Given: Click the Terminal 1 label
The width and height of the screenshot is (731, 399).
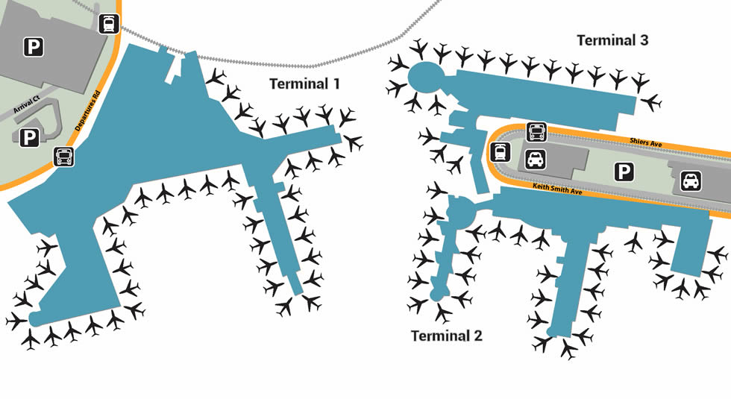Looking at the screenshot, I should click(304, 84).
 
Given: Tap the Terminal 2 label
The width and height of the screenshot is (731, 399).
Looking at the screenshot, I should click(447, 336).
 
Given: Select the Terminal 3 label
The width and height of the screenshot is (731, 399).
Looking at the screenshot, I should click(612, 40).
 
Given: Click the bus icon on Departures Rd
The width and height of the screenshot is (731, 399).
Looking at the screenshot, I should click(64, 157).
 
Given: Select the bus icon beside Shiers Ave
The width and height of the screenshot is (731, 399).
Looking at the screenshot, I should click(537, 133).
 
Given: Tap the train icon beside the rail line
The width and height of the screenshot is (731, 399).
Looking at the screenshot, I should click(109, 24).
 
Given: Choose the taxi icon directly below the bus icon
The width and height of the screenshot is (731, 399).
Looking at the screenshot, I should click(537, 159).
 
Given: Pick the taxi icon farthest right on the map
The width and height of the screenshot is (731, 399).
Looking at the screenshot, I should click(691, 180).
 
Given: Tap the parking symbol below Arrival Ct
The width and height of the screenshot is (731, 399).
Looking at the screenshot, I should click(29, 137).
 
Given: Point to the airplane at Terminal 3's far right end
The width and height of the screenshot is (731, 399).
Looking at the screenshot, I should click(653, 101).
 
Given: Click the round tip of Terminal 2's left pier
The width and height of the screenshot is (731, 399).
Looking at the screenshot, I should click(437, 296).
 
